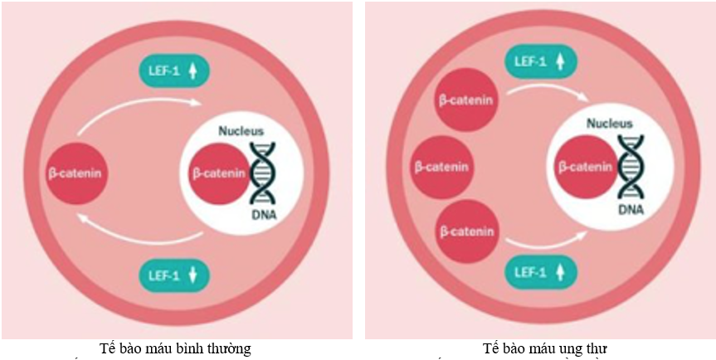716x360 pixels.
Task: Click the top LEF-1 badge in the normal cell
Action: pyautogui.click(x=174, y=72)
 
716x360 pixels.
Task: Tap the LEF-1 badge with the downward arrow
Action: pyautogui.click(x=174, y=273)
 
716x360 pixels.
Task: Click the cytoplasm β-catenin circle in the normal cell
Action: pyautogui.click(x=76, y=175)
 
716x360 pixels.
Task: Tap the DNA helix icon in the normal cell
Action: pyautogui.click(x=264, y=174)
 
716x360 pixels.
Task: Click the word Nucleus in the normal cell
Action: pyautogui.click(x=241, y=131)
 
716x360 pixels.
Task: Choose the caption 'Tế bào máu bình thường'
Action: pyautogui.click(x=176, y=348)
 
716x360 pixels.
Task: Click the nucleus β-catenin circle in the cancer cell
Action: pyautogui.click(x=586, y=167)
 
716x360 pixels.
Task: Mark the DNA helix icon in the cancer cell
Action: pyautogui.click(x=631, y=166)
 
